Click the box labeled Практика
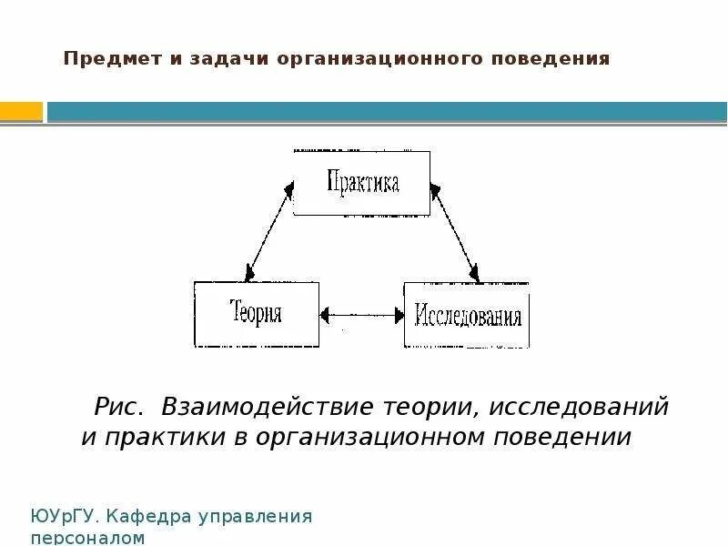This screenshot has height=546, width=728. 361,183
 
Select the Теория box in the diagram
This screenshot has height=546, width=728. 256,314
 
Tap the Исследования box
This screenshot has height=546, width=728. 467,315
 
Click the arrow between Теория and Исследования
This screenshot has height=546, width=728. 361,315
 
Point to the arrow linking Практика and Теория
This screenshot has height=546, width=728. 269,232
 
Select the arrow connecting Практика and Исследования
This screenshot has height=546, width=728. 454,232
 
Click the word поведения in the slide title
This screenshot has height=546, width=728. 551,60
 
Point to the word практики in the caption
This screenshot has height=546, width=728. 155,437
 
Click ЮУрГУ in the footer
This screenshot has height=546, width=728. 63,517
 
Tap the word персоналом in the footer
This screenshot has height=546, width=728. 87,538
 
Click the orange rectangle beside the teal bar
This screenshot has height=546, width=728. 21,112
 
